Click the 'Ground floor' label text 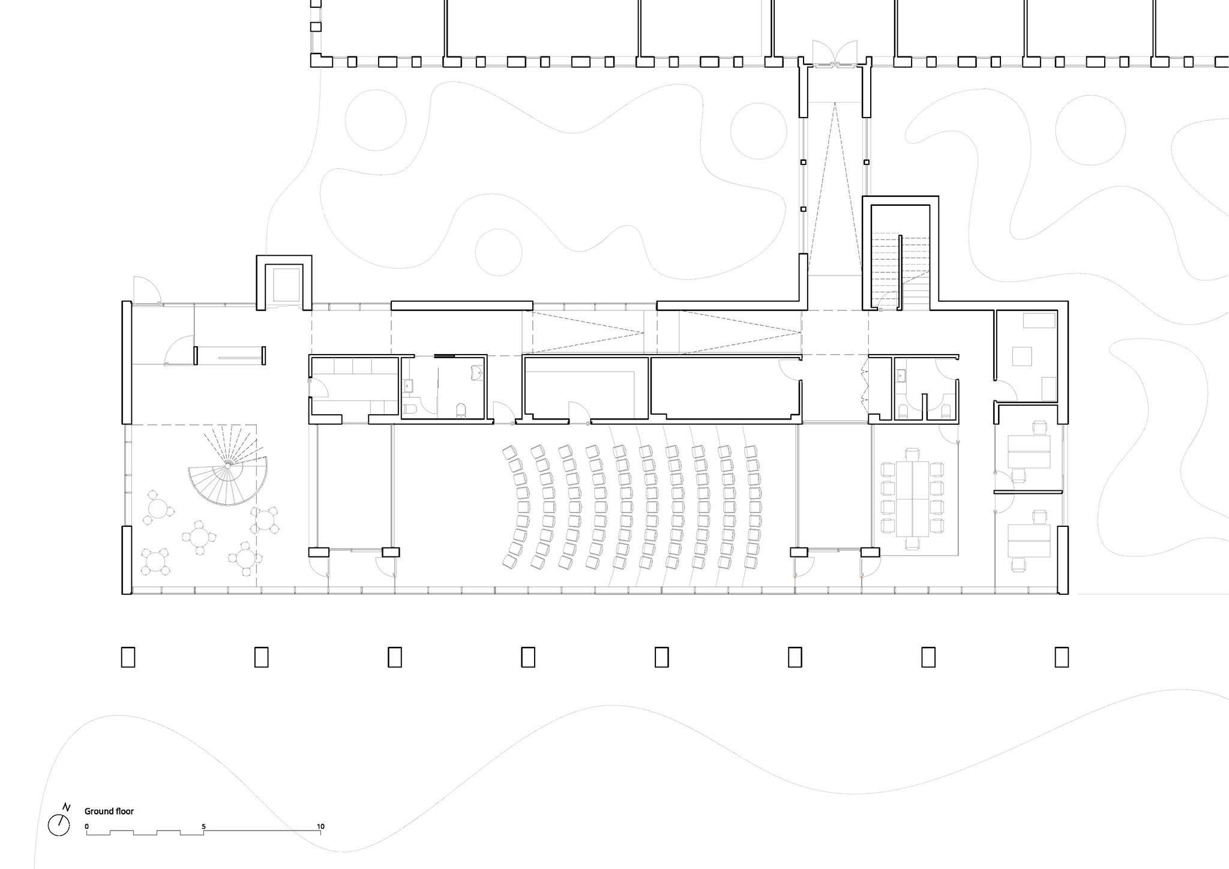tap(109, 811)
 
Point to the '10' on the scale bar tap(321, 826)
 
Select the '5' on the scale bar tap(203, 826)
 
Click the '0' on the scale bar tap(86, 826)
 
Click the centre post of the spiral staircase tap(228, 465)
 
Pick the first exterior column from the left tap(128, 657)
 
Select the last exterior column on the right tap(1062, 657)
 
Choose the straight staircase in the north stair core tap(900, 269)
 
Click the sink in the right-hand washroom tap(901, 376)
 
